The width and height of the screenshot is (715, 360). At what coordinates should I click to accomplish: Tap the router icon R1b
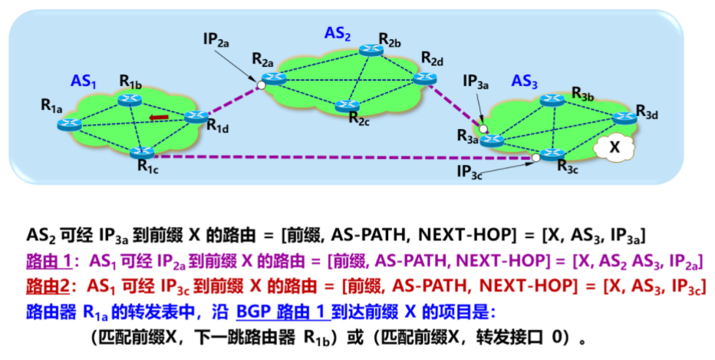click(129, 98)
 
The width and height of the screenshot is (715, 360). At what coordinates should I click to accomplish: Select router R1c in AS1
click(143, 153)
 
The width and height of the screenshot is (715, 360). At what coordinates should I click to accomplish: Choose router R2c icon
click(350, 105)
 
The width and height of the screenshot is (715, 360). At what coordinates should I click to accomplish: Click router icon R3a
click(491, 140)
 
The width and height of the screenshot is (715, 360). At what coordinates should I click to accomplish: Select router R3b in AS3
click(552, 99)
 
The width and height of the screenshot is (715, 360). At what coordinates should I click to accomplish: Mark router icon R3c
click(552, 154)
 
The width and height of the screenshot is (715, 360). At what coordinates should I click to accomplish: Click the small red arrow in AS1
click(159, 117)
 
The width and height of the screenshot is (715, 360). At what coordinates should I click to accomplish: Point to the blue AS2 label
click(338, 32)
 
